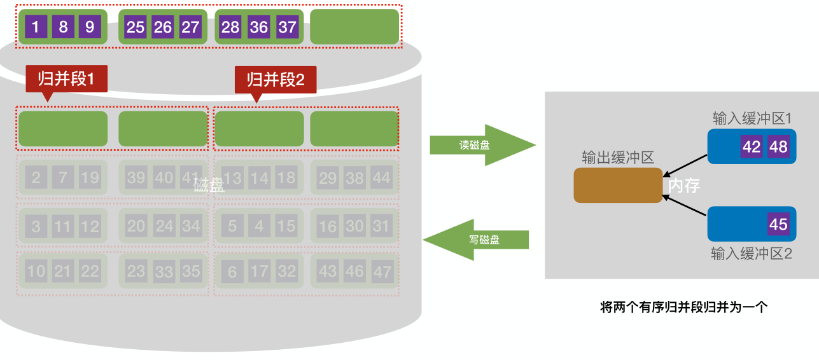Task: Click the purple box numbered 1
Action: [x=36, y=27]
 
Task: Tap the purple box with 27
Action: [x=190, y=27]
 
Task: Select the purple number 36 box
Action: [x=258, y=27]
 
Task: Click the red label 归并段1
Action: [x=66, y=79]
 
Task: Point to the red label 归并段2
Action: [x=276, y=80]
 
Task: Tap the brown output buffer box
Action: [x=617, y=186]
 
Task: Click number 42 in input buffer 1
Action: [x=752, y=147]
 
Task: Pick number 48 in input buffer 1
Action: [x=778, y=147]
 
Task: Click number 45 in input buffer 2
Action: [x=778, y=225]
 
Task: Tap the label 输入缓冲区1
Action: [x=752, y=119]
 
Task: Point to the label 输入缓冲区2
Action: [x=751, y=254]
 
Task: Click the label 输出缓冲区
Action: [x=617, y=158]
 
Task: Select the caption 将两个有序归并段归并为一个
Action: [x=684, y=307]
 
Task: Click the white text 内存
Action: [x=684, y=186]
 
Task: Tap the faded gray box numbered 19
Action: [x=90, y=177]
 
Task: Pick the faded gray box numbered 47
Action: [x=382, y=272]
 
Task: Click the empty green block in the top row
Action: [x=354, y=27]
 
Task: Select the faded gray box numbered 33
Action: [x=164, y=272]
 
